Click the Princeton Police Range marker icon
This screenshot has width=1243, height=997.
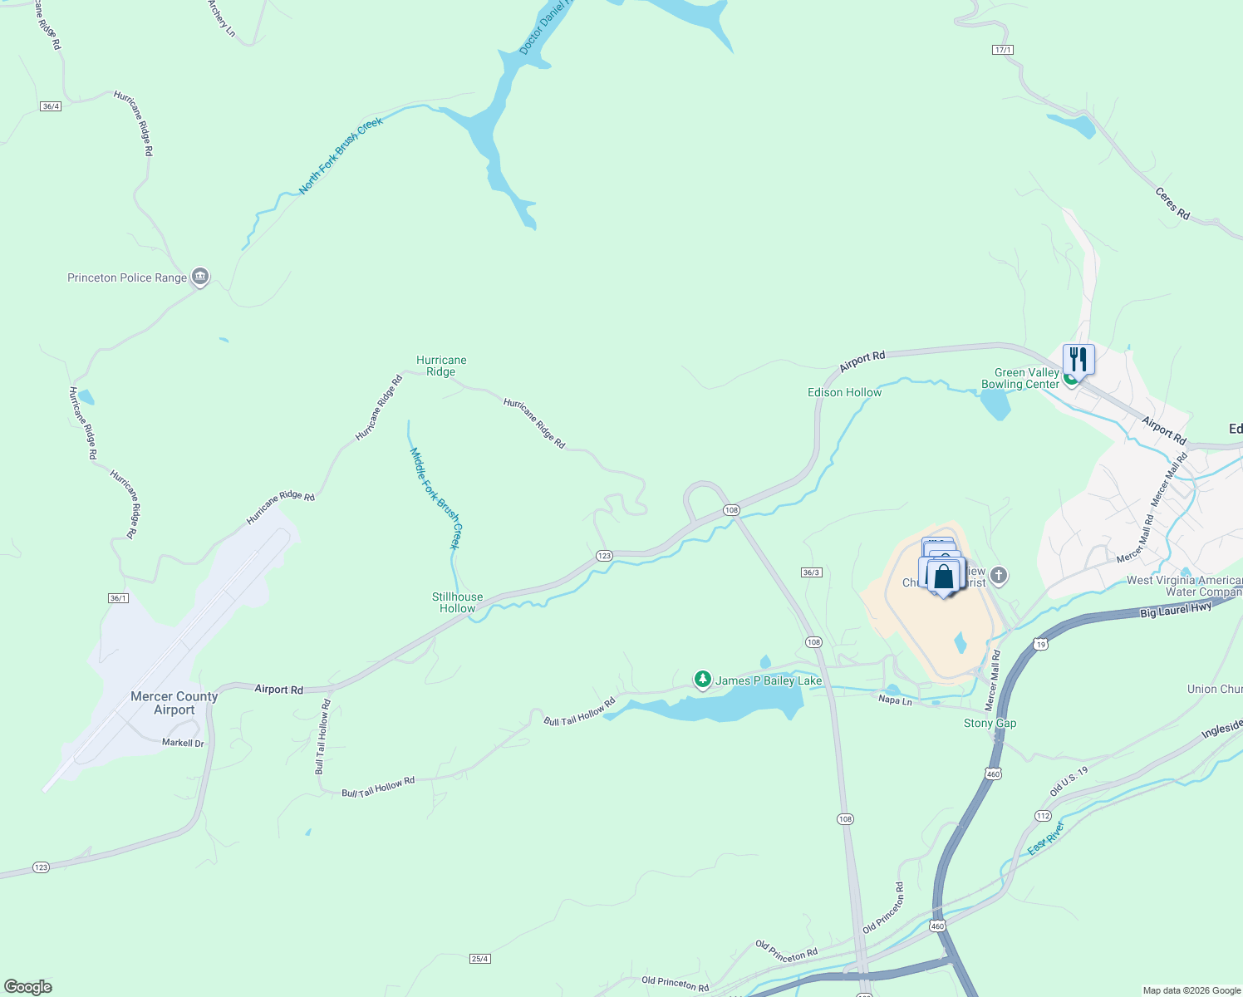pyautogui.click(x=199, y=277)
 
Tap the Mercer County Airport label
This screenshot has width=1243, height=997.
pyautogui.click(x=174, y=703)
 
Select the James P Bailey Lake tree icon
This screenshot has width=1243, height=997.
pyautogui.click(x=703, y=680)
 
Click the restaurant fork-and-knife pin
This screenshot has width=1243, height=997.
pyautogui.click(x=1078, y=359)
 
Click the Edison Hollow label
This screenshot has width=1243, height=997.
pyautogui.click(x=844, y=392)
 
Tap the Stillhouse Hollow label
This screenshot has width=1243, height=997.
pyautogui.click(x=457, y=602)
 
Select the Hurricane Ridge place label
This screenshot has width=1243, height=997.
pyautogui.click(x=441, y=366)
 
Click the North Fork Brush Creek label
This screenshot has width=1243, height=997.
pyautogui.click(x=341, y=155)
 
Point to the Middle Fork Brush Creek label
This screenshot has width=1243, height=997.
pyautogui.click(x=435, y=498)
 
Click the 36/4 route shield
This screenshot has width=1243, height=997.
pyautogui.click(x=51, y=106)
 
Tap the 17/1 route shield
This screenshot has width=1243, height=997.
pyautogui.click(x=1003, y=50)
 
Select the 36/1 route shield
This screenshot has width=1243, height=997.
pyautogui.click(x=118, y=598)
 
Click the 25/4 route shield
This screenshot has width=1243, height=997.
pyautogui.click(x=479, y=959)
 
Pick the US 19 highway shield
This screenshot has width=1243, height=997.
pyautogui.click(x=1040, y=644)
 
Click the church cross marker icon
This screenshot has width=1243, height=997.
pyautogui.click(x=999, y=575)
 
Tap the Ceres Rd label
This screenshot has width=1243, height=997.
pyautogui.click(x=1172, y=204)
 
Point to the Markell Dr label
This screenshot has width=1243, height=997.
pyautogui.click(x=183, y=743)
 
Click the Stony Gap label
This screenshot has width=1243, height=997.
pyautogui.click(x=990, y=723)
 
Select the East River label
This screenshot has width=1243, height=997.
pyautogui.click(x=1045, y=839)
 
